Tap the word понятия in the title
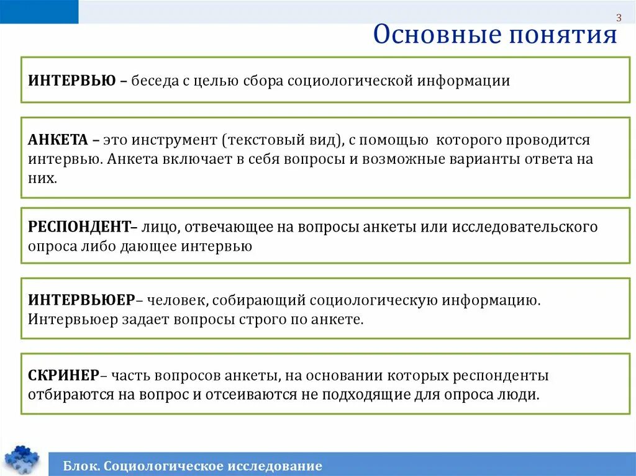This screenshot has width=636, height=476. pos(563,35)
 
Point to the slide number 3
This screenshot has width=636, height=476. pos(619,17)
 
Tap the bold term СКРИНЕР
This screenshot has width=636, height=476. pos(63,375)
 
